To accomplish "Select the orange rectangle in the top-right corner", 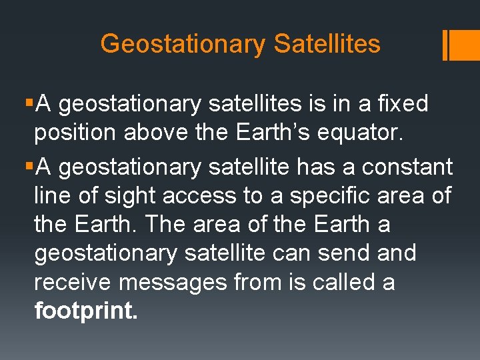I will click(465, 45).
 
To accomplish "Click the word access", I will click(203, 196).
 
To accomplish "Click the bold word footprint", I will click(85, 311).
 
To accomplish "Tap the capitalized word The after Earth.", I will click(165, 225).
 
